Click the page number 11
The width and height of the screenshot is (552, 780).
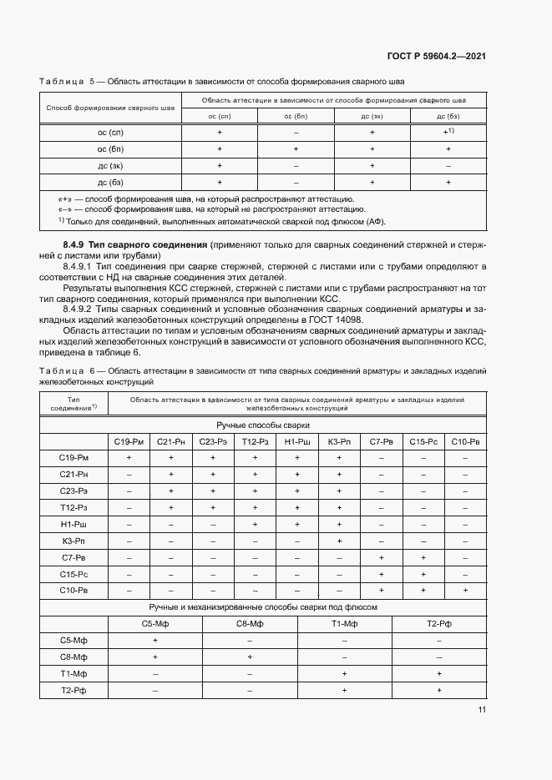pyautogui.click(x=482, y=710)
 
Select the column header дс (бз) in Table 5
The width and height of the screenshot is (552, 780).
pyautogui.click(x=448, y=116)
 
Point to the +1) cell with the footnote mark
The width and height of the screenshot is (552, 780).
pyautogui.click(x=448, y=133)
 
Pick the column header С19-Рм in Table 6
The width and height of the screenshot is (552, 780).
pyautogui.click(x=129, y=441)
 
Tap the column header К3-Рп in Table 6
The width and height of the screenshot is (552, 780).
pyautogui.click(x=338, y=441)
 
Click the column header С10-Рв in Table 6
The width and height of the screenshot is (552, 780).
pyautogui.click(x=465, y=441)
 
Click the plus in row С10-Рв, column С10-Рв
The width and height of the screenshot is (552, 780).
pyautogui.click(x=465, y=591)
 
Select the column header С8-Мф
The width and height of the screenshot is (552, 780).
pyautogui.click(x=250, y=623)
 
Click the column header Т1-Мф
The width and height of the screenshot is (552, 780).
pyautogui.click(x=344, y=623)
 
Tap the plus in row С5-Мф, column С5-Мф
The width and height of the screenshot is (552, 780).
pyautogui.click(x=155, y=640)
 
